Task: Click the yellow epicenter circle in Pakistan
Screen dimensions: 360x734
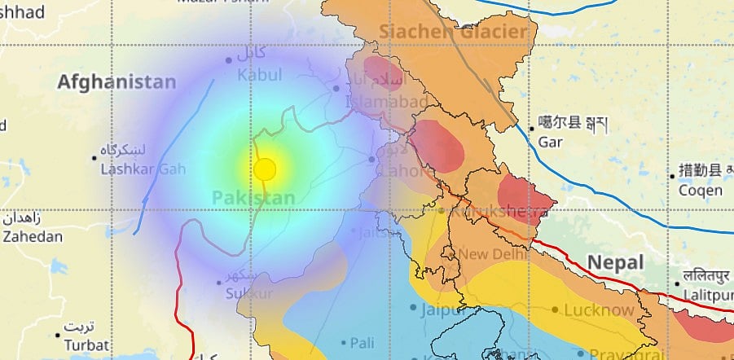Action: click(265, 169)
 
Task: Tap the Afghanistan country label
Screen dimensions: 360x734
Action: click(116, 82)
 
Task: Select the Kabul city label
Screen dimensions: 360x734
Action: click(259, 75)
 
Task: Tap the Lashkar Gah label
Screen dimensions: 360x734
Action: click(143, 169)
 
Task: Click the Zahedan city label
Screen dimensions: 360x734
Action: click(32, 237)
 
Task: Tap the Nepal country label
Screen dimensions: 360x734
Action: click(616, 263)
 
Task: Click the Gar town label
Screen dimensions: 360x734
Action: click(552, 141)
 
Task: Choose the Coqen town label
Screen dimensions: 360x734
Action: click(701, 190)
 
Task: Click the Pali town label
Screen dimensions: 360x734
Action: click(363, 343)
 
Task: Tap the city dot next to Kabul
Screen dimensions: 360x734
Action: click(229, 60)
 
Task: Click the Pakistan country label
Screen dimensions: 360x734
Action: click(253, 198)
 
